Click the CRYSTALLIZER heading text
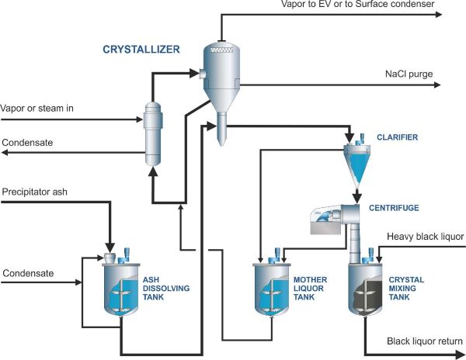(141, 50)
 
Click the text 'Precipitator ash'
(35, 190)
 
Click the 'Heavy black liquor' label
(425, 236)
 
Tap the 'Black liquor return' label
(425, 341)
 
